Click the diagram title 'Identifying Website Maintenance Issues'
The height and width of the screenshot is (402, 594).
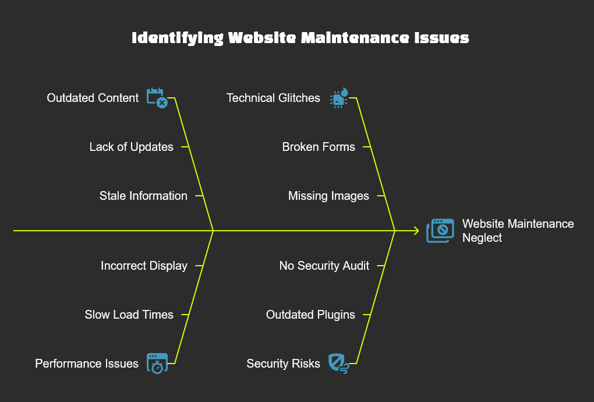[x=300, y=38]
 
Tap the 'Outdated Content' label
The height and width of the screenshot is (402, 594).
[x=93, y=98]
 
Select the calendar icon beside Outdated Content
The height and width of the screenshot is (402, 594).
[x=157, y=98]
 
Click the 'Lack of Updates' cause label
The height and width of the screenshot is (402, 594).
[x=131, y=147]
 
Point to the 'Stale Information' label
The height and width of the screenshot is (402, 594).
[x=143, y=196]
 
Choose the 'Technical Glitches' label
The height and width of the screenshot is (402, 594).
[x=273, y=98]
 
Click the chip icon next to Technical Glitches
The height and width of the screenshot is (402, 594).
[x=338, y=98]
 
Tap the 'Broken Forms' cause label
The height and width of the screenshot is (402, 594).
[x=319, y=147]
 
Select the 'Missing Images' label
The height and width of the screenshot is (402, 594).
[x=328, y=196]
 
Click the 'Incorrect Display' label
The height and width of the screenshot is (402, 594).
[x=144, y=266]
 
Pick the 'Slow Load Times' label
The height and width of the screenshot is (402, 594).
[x=129, y=315]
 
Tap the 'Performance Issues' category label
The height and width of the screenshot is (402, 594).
[x=87, y=364]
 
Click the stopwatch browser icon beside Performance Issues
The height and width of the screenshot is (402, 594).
[x=157, y=363]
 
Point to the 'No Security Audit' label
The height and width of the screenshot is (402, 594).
[x=324, y=266]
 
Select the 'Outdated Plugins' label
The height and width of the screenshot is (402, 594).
[x=310, y=315]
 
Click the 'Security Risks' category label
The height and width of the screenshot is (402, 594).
[x=283, y=364]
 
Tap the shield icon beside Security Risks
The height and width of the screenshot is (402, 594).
[x=338, y=363]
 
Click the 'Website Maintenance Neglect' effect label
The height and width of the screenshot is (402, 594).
[x=518, y=231]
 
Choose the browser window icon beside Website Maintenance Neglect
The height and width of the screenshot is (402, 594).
[x=440, y=231]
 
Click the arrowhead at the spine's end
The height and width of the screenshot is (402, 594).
[x=416, y=231]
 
